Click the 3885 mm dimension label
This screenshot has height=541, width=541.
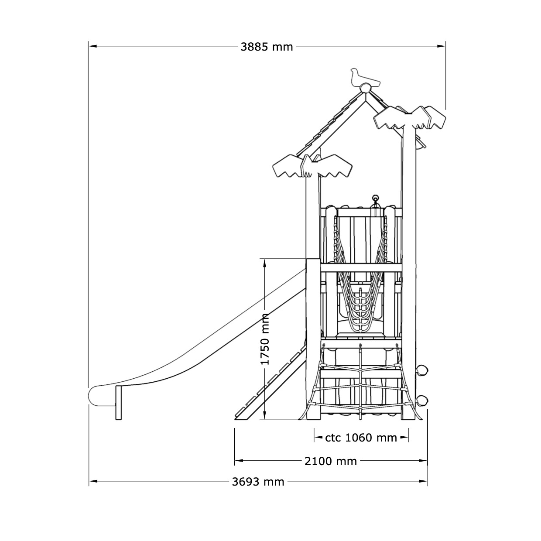(267, 47)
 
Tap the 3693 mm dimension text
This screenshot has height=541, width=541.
(258, 482)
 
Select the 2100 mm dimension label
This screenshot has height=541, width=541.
(330, 461)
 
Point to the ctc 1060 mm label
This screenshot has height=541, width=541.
(361, 438)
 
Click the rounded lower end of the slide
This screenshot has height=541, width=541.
(96, 395)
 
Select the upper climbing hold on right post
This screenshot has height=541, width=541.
(422, 370)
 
